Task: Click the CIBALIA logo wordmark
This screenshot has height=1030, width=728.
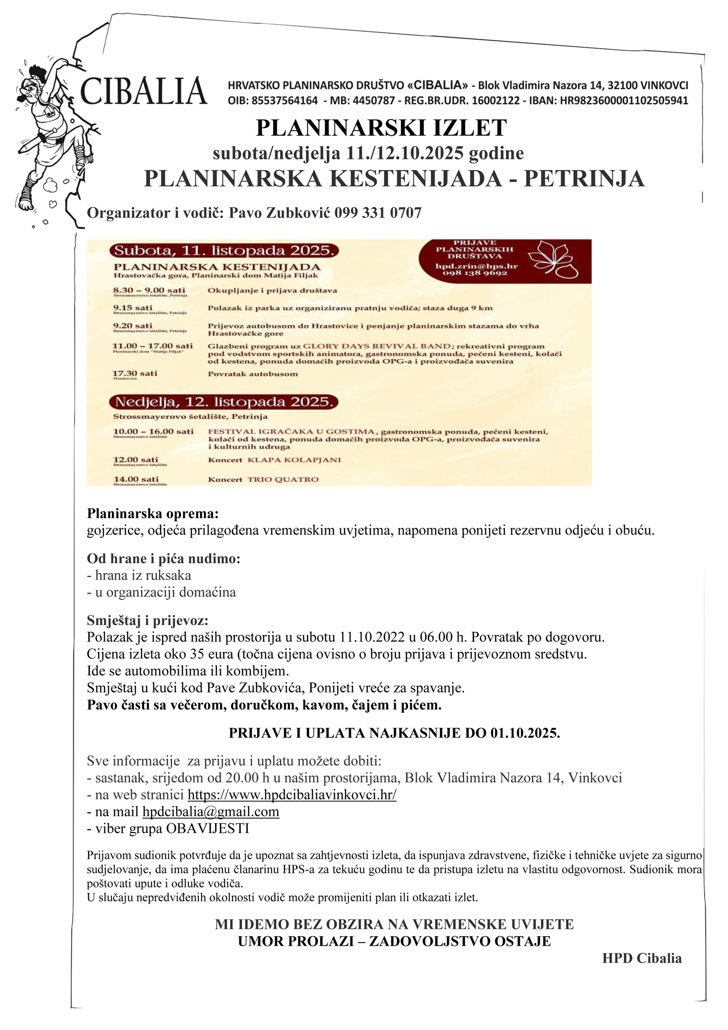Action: click(x=144, y=91)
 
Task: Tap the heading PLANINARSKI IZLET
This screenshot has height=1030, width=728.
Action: click(x=381, y=128)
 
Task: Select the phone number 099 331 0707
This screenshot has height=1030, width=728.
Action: click(x=378, y=213)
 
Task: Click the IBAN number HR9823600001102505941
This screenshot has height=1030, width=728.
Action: click(x=624, y=101)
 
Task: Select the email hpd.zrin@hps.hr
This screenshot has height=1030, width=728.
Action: click(x=476, y=266)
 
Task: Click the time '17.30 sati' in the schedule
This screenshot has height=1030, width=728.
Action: click(x=135, y=373)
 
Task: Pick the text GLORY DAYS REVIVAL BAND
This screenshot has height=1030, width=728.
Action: click(x=377, y=346)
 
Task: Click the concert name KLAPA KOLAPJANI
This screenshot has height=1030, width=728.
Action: click(x=294, y=460)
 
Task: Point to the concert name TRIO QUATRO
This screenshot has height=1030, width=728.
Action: click(x=283, y=479)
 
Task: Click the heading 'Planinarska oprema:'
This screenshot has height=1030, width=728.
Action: click(x=153, y=514)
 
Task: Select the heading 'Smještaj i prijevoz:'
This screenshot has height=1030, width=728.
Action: click(x=147, y=620)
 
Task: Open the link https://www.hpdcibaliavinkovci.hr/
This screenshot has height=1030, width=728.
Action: click(x=292, y=795)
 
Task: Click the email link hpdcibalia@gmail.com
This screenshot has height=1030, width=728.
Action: click(x=211, y=811)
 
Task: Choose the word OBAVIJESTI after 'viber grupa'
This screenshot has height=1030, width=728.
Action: click(x=207, y=828)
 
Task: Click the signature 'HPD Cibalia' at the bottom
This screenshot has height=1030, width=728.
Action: click(x=642, y=958)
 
